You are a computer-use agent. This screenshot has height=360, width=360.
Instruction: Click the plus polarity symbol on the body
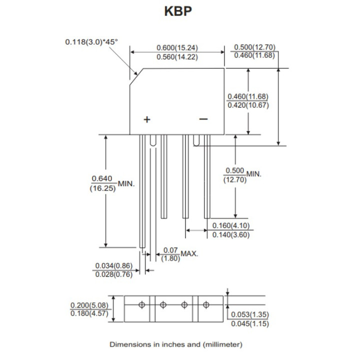coord(147,119)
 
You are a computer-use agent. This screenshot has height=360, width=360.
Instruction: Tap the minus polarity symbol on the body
coord(203,119)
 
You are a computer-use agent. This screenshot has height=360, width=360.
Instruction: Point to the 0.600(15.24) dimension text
coord(177,47)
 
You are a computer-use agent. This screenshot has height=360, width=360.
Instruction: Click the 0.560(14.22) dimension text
coord(177,57)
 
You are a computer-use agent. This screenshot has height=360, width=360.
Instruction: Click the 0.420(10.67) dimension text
coord(248,105)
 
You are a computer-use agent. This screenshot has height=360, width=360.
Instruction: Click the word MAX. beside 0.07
coord(189,253)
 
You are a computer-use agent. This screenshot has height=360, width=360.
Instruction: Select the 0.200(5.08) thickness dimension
coord(90,304)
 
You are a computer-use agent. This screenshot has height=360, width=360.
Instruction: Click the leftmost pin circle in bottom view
coord(142,304)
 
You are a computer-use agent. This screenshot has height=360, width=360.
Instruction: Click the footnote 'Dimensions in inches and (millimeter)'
coord(176,344)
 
